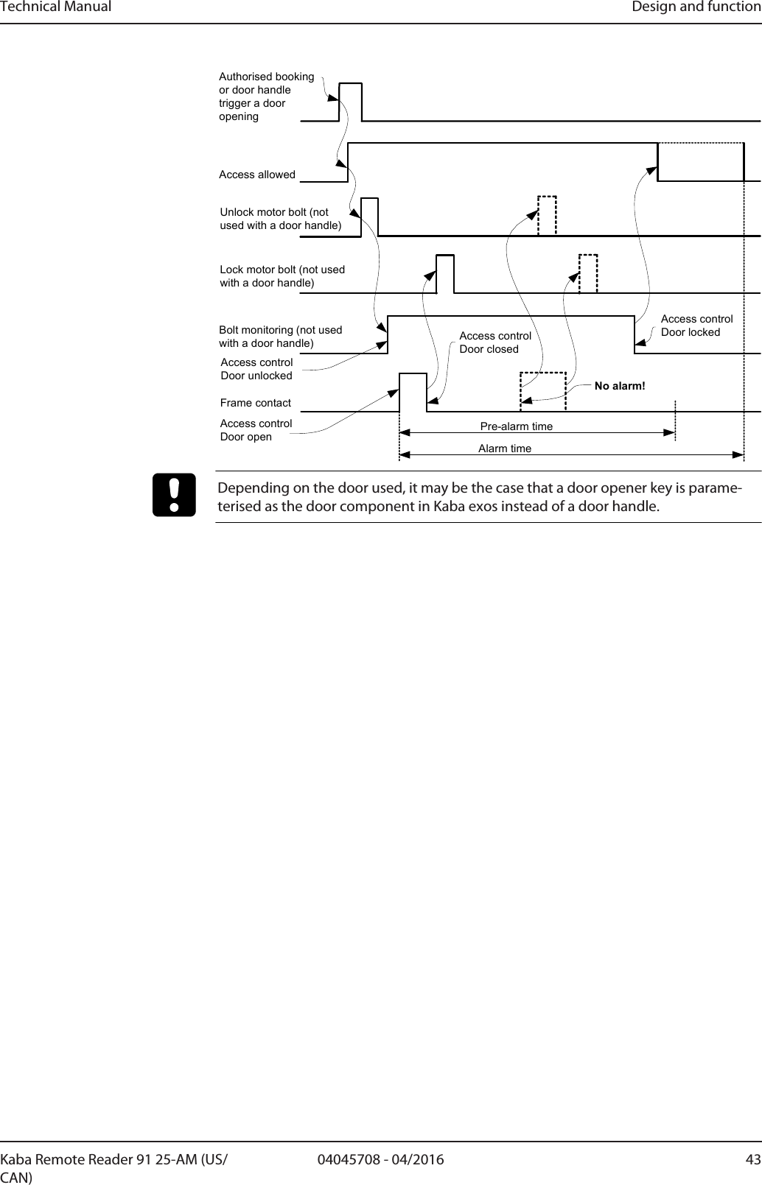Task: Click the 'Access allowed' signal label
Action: [257, 175]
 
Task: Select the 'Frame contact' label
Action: [256, 403]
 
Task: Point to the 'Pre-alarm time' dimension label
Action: [516, 426]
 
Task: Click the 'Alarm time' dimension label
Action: [505, 448]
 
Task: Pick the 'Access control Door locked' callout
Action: [696, 326]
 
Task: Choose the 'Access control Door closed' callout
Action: [495, 342]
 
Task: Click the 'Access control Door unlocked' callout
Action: [256, 369]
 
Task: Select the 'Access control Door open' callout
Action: [256, 430]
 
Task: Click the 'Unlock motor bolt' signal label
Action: [281, 219]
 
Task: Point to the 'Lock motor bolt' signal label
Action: [282, 276]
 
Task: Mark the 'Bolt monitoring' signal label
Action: [280, 337]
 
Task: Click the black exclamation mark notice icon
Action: [175, 495]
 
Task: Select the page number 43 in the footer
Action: [752, 1161]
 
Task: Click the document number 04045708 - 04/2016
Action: [380, 1161]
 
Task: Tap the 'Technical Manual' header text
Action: [56, 7]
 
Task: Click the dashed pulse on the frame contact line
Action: [543, 391]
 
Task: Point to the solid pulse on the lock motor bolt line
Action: [445, 273]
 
